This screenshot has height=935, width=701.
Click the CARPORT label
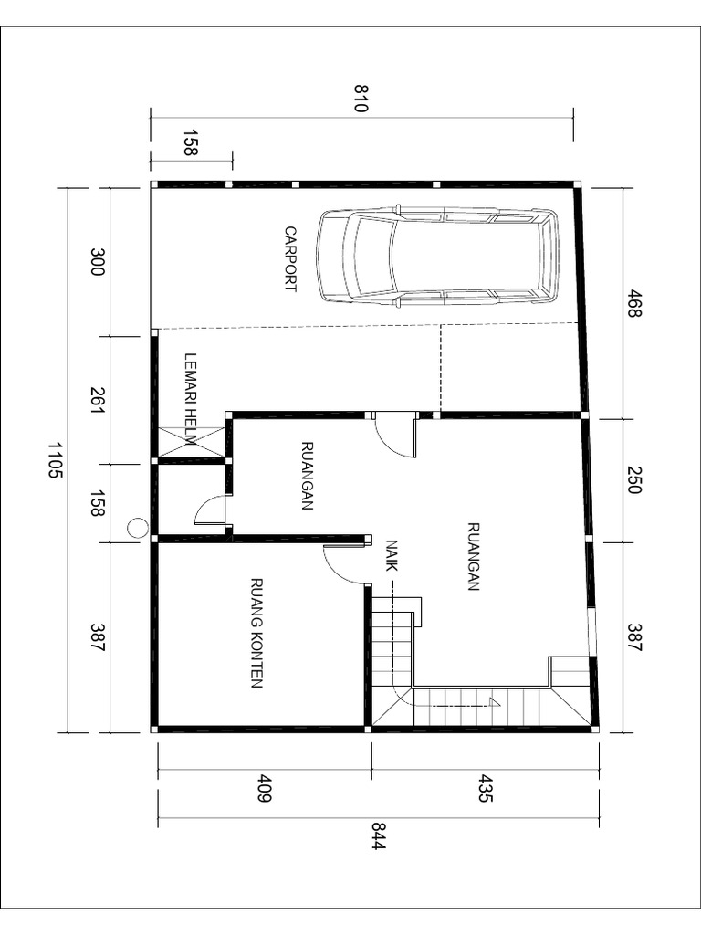click(x=290, y=259)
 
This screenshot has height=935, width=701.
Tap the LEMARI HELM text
click(x=191, y=398)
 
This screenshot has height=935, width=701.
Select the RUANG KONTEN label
click(x=257, y=632)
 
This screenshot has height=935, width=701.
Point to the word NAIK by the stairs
click(x=392, y=555)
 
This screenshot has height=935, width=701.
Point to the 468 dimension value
click(x=635, y=302)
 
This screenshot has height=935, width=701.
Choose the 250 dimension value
click(x=635, y=480)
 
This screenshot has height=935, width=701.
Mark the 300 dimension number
click(x=99, y=260)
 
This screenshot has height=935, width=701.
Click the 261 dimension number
click(x=99, y=399)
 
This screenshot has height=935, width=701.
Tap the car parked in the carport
click(x=437, y=256)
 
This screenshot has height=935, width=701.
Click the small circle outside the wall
click(x=137, y=527)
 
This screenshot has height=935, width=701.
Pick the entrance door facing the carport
click(x=397, y=435)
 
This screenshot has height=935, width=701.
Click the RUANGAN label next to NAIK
click(x=473, y=556)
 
